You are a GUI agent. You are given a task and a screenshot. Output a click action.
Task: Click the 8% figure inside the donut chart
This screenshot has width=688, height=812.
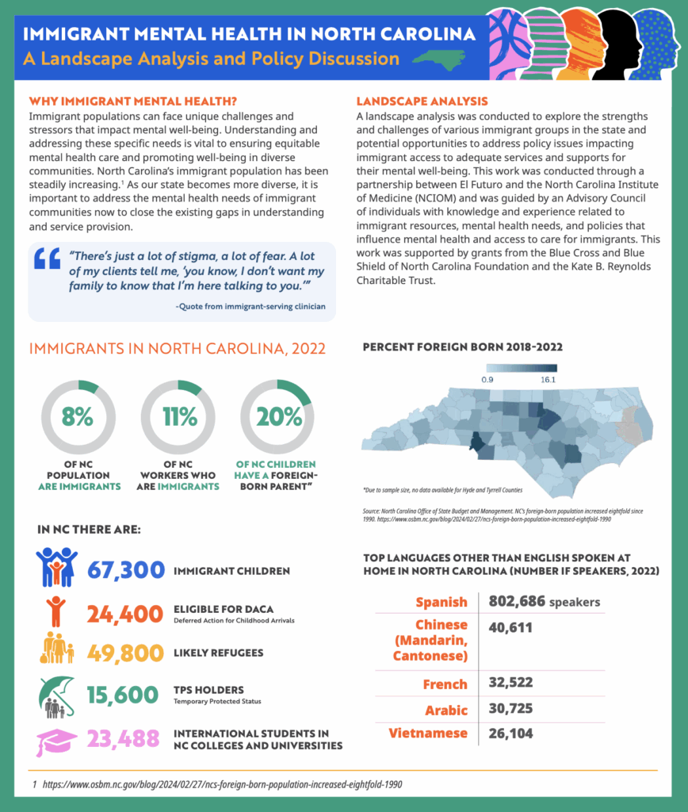[x=78, y=417]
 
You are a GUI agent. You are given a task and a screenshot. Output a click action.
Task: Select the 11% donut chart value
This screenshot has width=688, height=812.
[x=179, y=417]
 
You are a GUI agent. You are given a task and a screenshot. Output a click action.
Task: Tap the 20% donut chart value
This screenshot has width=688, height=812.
[x=277, y=417]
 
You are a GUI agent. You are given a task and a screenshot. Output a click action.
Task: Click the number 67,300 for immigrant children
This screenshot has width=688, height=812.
[x=126, y=570]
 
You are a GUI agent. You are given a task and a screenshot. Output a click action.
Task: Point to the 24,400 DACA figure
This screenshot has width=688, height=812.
[x=126, y=613]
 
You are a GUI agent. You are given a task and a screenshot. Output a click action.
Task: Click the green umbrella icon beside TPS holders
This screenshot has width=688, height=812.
[x=56, y=695]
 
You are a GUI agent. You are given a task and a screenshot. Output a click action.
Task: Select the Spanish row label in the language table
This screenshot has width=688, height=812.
[x=441, y=602]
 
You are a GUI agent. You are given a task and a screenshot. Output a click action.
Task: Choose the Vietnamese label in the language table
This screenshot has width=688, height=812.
[x=428, y=733]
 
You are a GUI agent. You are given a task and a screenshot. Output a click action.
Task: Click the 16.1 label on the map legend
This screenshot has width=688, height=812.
[x=548, y=380]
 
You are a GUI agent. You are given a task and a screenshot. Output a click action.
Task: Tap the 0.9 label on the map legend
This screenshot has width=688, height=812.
[x=488, y=380]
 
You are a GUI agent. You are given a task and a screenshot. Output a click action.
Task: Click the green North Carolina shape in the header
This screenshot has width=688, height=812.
[x=439, y=58]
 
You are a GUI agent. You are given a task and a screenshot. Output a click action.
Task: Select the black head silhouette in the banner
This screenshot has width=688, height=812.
[x=619, y=44]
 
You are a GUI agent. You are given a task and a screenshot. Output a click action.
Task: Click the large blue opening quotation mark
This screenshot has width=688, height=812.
[x=48, y=259]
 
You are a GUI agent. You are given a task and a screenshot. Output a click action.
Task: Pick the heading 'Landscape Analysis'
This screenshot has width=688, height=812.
[x=422, y=101]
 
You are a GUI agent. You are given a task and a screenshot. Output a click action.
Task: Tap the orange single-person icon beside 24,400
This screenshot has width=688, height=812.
[x=55, y=611]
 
